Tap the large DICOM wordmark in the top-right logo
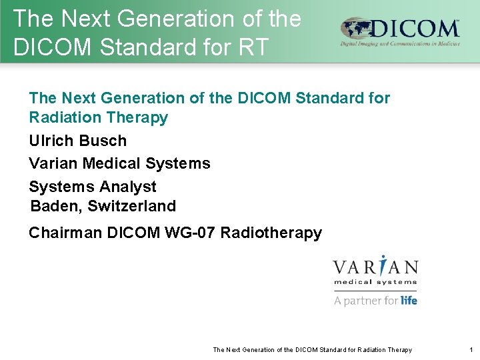click(x=413, y=29)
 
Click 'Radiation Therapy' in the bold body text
click(x=98, y=118)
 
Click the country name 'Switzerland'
click(x=131, y=206)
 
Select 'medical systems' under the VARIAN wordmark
click(x=375, y=283)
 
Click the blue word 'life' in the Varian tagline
click(x=409, y=300)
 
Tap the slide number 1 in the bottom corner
click(x=470, y=349)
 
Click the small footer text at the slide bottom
click(x=312, y=349)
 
